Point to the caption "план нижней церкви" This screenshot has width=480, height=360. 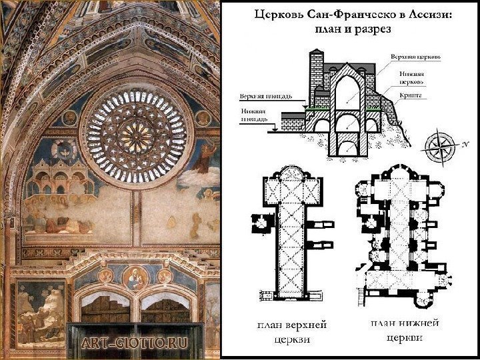click(x=405, y=329)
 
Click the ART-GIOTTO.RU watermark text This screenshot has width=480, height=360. click(x=134, y=344)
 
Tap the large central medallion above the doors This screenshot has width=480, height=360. click(x=135, y=277)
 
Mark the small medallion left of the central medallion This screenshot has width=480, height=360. click(x=106, y=275)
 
